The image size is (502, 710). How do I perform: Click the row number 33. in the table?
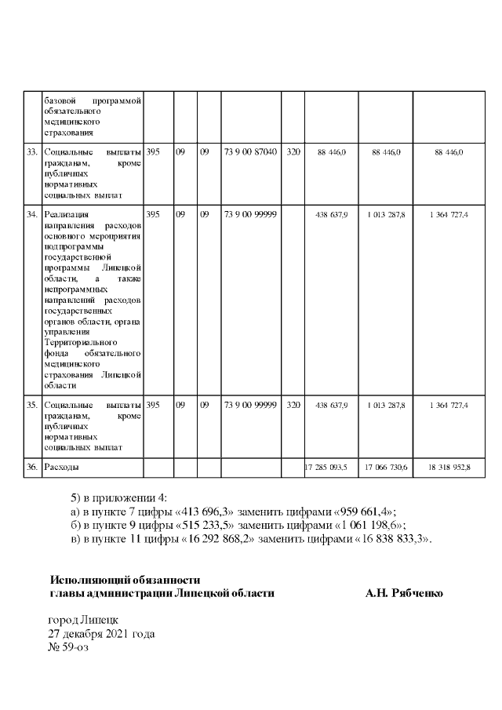[32, 151]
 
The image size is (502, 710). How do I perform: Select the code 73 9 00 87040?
[250, 151]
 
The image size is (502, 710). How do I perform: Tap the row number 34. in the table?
[32, 213]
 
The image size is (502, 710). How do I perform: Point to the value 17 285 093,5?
[331, 468]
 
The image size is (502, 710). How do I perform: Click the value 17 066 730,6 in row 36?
[385, 468]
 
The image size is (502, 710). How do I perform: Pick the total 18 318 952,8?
[449, 468]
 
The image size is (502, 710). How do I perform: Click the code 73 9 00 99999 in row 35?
[250, 405]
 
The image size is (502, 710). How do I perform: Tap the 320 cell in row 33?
[293, 151]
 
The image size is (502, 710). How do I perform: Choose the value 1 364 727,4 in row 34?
[449, 214]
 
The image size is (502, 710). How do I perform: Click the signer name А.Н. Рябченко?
[404, 593]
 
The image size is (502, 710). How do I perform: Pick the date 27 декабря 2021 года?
[101, 634]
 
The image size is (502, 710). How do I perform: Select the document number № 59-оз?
[69, 647]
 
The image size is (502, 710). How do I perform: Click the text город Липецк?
[83, 621]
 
